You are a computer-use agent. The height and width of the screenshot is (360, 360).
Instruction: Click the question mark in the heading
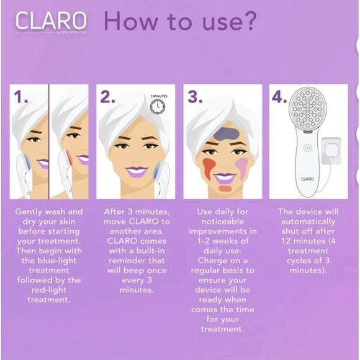[x=246, y=20]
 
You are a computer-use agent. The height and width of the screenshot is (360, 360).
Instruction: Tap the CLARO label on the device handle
[x=307, y=178]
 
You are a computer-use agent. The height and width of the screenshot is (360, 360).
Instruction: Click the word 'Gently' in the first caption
[x=31, y=212]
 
